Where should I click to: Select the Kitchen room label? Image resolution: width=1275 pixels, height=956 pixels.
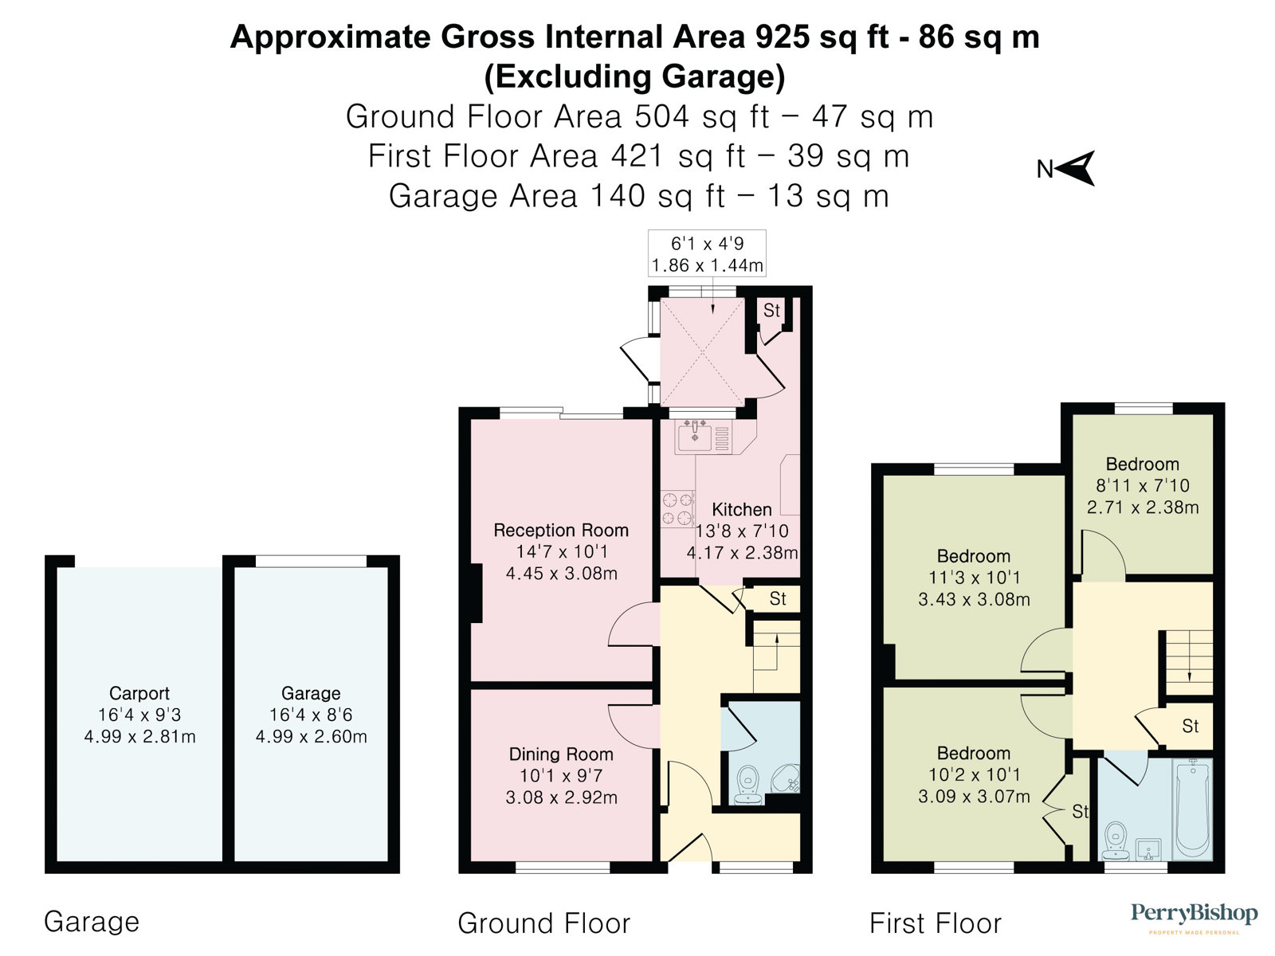[742, 510]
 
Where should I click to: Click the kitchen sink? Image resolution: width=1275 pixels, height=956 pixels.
[695, 437]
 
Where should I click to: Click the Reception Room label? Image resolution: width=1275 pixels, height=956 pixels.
[561, 530]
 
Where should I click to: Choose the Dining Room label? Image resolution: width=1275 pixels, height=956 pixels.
[561, 754]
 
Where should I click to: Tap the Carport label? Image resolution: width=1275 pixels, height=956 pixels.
[139, 693]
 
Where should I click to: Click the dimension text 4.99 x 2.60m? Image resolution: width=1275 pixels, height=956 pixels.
[312, 737]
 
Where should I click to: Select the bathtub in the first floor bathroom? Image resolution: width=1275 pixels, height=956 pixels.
[1193, 809]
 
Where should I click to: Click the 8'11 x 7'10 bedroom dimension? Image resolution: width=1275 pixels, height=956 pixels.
[1143, 485]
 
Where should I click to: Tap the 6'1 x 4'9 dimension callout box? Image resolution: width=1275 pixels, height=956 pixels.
[707, 253]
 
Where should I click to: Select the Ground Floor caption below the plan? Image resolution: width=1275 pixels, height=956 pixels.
[543, 923]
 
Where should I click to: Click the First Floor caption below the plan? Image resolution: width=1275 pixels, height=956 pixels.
[936, 923]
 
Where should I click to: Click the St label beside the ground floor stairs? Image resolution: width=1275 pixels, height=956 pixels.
[778, 598]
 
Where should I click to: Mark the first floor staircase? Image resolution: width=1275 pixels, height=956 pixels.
[1189, 662]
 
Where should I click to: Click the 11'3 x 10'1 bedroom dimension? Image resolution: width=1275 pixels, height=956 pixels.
[974, 578]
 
